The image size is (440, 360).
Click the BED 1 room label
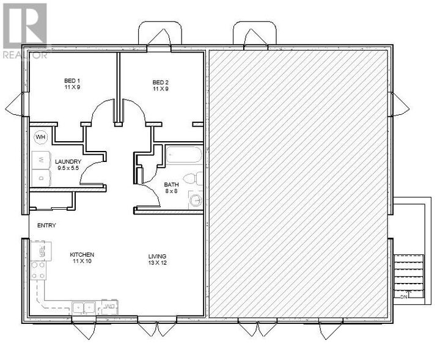pos(72,81)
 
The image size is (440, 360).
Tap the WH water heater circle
pos(41,137)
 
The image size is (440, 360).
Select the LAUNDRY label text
pos(68,161)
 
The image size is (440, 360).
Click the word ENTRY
pos(46,226)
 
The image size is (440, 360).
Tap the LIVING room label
pos(157,256)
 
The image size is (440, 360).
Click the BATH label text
pos(171,185)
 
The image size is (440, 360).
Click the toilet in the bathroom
pos(191,178)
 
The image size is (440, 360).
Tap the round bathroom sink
pos(196,199)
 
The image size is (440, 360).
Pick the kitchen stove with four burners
pos(38,270)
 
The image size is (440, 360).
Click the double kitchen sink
pos(82,307)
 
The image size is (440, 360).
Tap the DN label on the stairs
pos(403,296)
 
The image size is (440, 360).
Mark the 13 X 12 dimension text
pos(157,263)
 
